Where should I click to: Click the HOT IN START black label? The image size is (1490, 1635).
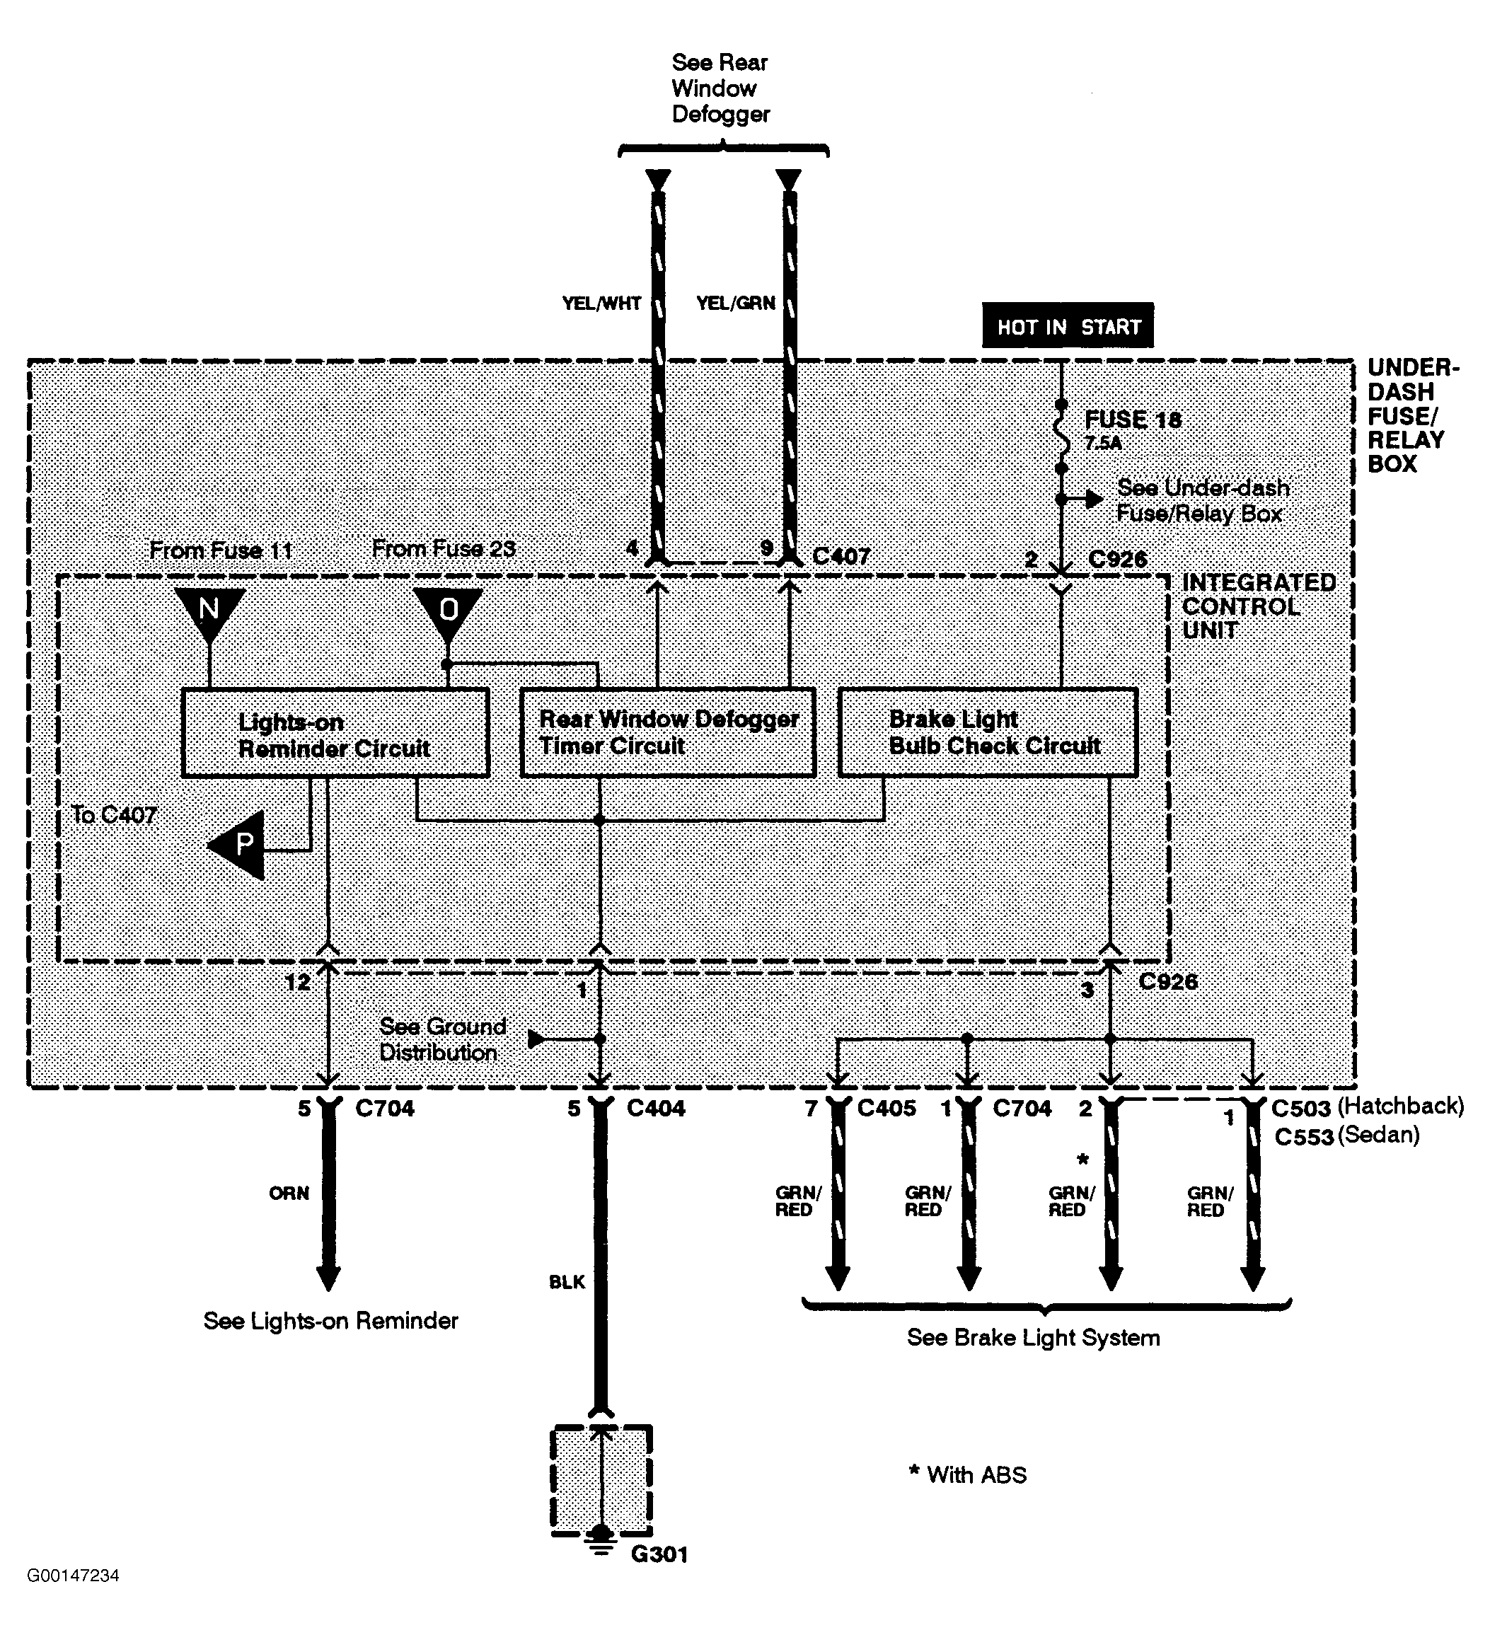(1067, 326)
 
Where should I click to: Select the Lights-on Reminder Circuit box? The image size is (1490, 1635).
(334, 733)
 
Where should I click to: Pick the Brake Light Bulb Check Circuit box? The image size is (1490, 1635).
(987, 733)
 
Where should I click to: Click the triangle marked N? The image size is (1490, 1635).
(209, 610)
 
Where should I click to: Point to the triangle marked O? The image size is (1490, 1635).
(448, 610)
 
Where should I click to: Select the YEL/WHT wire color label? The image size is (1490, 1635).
(601, 304)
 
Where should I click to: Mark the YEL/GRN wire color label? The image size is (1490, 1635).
(735, 304)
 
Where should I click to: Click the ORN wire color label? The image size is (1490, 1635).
(289, 1194)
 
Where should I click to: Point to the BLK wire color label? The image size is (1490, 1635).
(566, 1282)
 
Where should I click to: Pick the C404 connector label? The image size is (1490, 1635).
(655, 1109)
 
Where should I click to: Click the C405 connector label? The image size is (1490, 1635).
(886, 1109)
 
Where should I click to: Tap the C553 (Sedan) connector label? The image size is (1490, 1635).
(1346, 1136)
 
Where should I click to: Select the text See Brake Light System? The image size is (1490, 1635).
(1032, 1338)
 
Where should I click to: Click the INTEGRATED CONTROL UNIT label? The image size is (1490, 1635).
(1257, 606)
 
